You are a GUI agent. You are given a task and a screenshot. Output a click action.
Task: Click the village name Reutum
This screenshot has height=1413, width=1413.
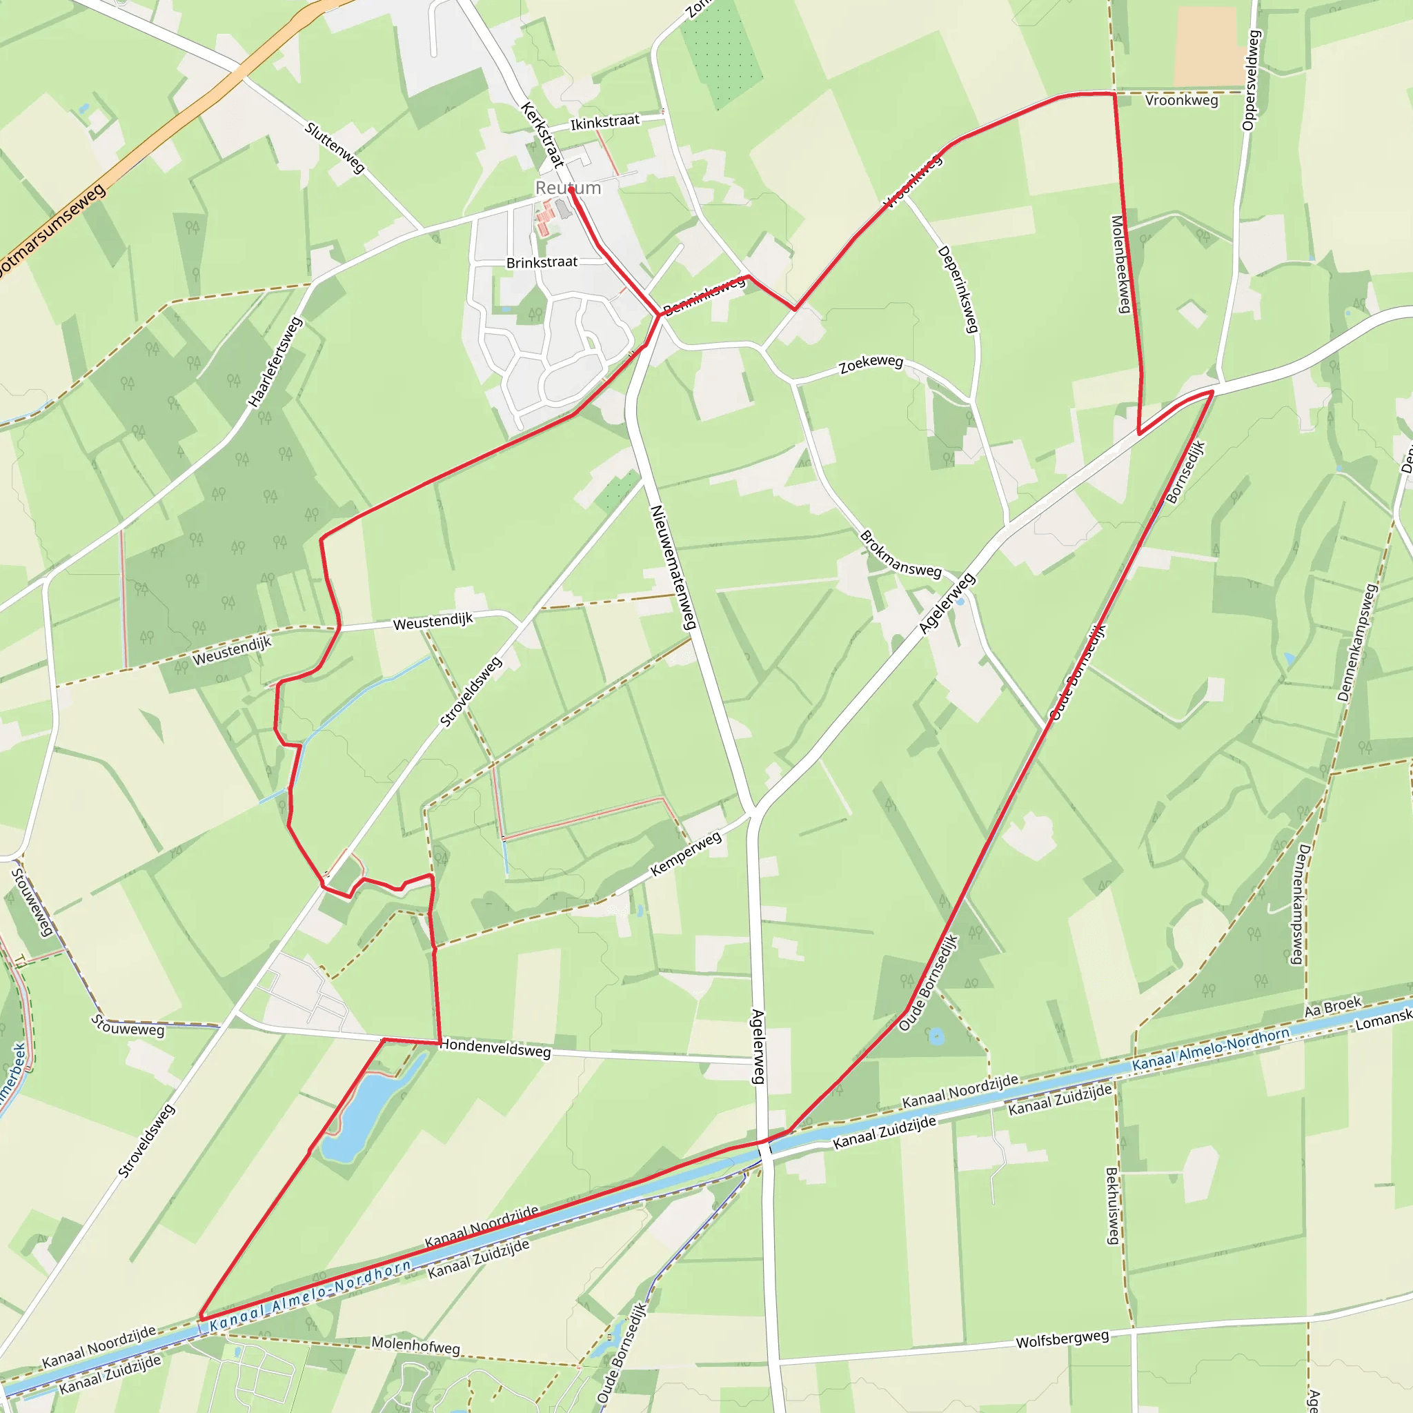pos(568,188)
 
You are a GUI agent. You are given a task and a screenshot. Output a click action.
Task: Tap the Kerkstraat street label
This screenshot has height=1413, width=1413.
pos(543,134)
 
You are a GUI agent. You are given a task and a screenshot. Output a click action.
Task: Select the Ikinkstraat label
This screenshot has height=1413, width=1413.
pos(605,122)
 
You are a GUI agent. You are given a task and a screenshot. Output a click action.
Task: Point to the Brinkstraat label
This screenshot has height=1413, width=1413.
pos(541,261)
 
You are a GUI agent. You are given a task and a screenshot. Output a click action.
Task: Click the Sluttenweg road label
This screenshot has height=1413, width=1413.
pos(335,148)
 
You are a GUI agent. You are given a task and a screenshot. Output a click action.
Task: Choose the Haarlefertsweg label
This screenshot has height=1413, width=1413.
pos(275,362)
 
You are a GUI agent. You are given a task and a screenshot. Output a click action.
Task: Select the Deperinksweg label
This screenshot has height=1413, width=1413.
pos(958,289)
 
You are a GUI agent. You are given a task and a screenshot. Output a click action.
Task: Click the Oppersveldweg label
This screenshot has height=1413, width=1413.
pos(1249,81)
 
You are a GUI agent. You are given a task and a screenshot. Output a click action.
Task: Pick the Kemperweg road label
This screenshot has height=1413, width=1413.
pos(686,853)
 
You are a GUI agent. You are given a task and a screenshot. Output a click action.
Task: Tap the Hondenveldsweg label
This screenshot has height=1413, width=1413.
pos(495,1049)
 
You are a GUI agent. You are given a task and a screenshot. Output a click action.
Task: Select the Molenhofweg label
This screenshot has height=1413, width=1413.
pos(415,1345)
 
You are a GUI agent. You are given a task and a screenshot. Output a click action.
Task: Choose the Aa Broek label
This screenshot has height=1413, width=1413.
pos(1333,1007)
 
